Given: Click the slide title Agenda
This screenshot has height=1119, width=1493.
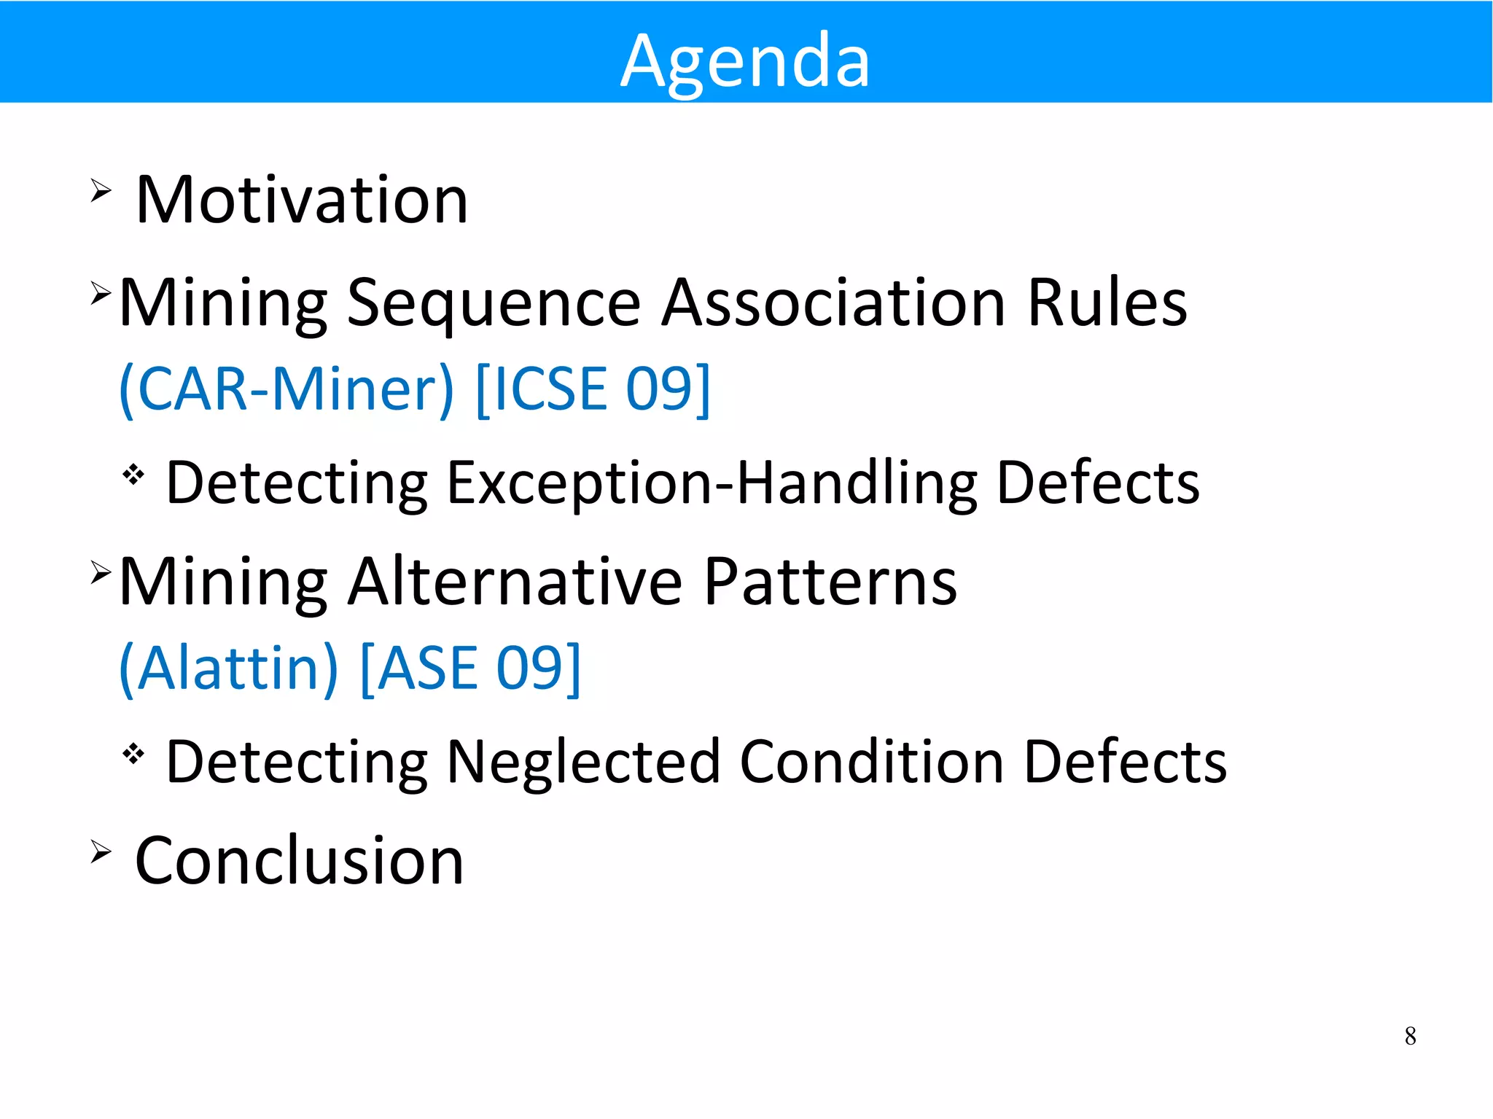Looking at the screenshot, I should coord(745,61).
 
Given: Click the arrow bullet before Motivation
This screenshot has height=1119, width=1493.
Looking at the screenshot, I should coord(101,191).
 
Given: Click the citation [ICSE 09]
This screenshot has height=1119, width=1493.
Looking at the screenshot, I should coord(592,389).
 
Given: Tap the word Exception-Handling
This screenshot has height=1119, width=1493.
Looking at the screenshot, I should coord(712,483).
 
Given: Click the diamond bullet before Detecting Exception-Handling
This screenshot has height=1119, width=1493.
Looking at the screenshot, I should coord(133,475).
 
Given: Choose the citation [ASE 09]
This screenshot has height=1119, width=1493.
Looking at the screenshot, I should coord(470,668).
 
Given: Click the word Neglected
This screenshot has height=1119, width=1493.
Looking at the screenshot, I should coord(583,762).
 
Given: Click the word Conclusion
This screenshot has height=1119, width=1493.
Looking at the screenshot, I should coord(300,861).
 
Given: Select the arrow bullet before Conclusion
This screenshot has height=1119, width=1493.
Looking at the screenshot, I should coord(101,851).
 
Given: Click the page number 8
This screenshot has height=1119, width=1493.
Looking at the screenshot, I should coord(1410,1036).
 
